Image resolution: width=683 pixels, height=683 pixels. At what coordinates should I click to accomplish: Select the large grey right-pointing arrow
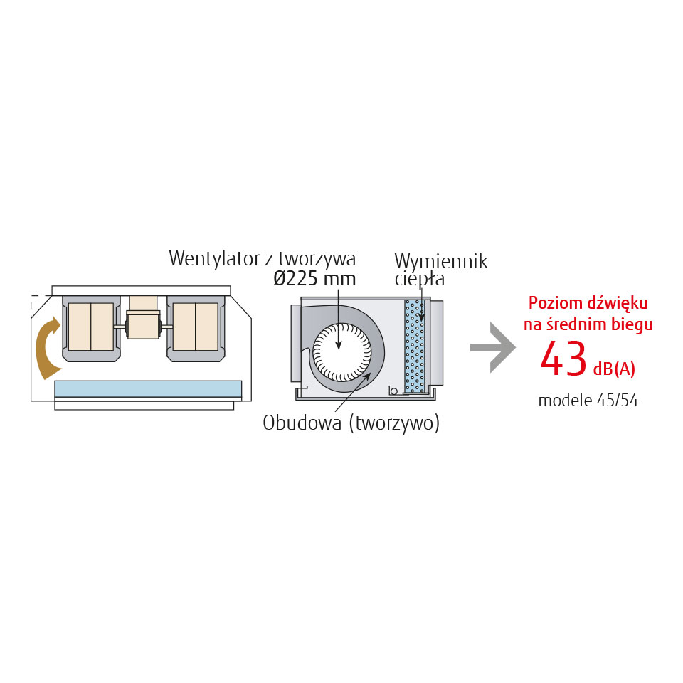494,348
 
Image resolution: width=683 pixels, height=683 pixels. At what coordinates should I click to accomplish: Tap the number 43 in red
563,359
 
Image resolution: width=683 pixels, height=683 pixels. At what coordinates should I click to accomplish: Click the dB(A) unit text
614,369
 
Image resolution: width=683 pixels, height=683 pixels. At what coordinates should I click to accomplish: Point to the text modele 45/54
588,401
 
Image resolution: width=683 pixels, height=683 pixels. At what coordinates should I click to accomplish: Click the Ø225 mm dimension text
314,279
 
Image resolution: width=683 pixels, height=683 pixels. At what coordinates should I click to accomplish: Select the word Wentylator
214,258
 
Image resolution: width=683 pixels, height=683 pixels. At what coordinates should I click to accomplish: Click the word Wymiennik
441,263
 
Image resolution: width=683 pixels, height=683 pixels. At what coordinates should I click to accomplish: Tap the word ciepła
420,280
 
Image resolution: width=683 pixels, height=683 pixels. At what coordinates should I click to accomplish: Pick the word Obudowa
302,423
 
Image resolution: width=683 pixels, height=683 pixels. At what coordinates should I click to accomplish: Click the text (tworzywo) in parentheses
394,423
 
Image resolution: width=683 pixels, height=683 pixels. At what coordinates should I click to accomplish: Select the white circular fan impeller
342,352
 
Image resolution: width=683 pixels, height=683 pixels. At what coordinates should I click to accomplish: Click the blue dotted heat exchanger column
414,346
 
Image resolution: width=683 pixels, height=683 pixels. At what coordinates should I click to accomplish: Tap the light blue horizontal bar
148,388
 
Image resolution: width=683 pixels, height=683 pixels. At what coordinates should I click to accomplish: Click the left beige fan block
91,327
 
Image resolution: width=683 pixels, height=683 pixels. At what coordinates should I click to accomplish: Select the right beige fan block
196,327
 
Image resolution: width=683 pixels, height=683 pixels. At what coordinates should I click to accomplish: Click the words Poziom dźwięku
588,304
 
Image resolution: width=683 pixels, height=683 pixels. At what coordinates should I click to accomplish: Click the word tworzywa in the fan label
317,260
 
